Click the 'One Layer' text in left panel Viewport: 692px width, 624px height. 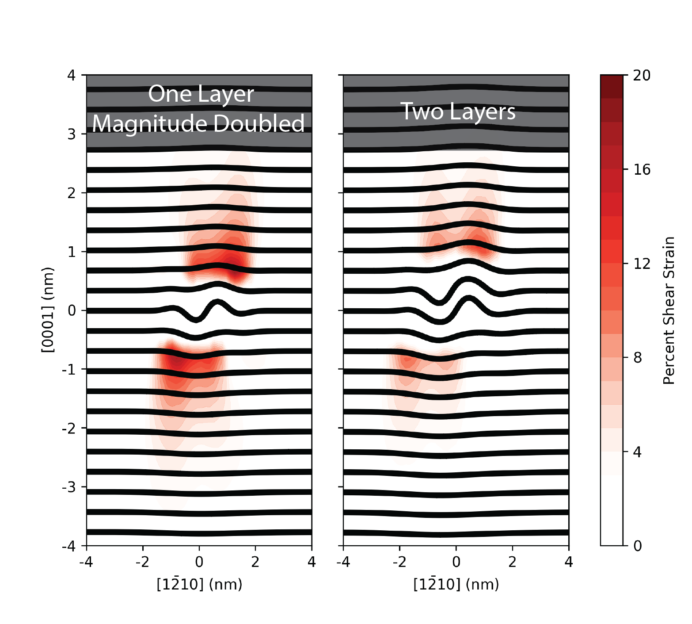click(201, 95)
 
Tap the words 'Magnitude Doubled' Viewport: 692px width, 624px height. click(198, 123)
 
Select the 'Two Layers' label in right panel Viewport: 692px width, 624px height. click(458, 111)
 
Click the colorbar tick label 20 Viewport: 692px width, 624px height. click(642, 76)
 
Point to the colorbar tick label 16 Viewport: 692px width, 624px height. click(642, 170)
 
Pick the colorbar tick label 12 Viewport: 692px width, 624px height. click(642, 264)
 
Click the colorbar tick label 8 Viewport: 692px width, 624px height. click(637, 358)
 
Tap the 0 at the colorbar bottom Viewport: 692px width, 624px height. click(637, 546)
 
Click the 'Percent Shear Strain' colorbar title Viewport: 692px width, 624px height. click(669, 310)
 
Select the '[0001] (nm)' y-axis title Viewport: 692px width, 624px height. click(48, 310)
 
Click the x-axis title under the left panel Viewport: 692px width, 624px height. click(199, 584)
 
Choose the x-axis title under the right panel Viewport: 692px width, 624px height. click(456, 584)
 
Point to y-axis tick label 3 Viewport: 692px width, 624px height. click(72, 134)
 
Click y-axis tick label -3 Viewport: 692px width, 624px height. click(69, 487)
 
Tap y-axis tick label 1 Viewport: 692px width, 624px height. click(72, 252)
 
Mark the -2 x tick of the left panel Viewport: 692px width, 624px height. click(142, 562)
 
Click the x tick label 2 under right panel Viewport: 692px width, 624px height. click(512, 562)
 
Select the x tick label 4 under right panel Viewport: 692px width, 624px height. click(569, 562)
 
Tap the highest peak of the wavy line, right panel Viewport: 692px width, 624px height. click(468, 279)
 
